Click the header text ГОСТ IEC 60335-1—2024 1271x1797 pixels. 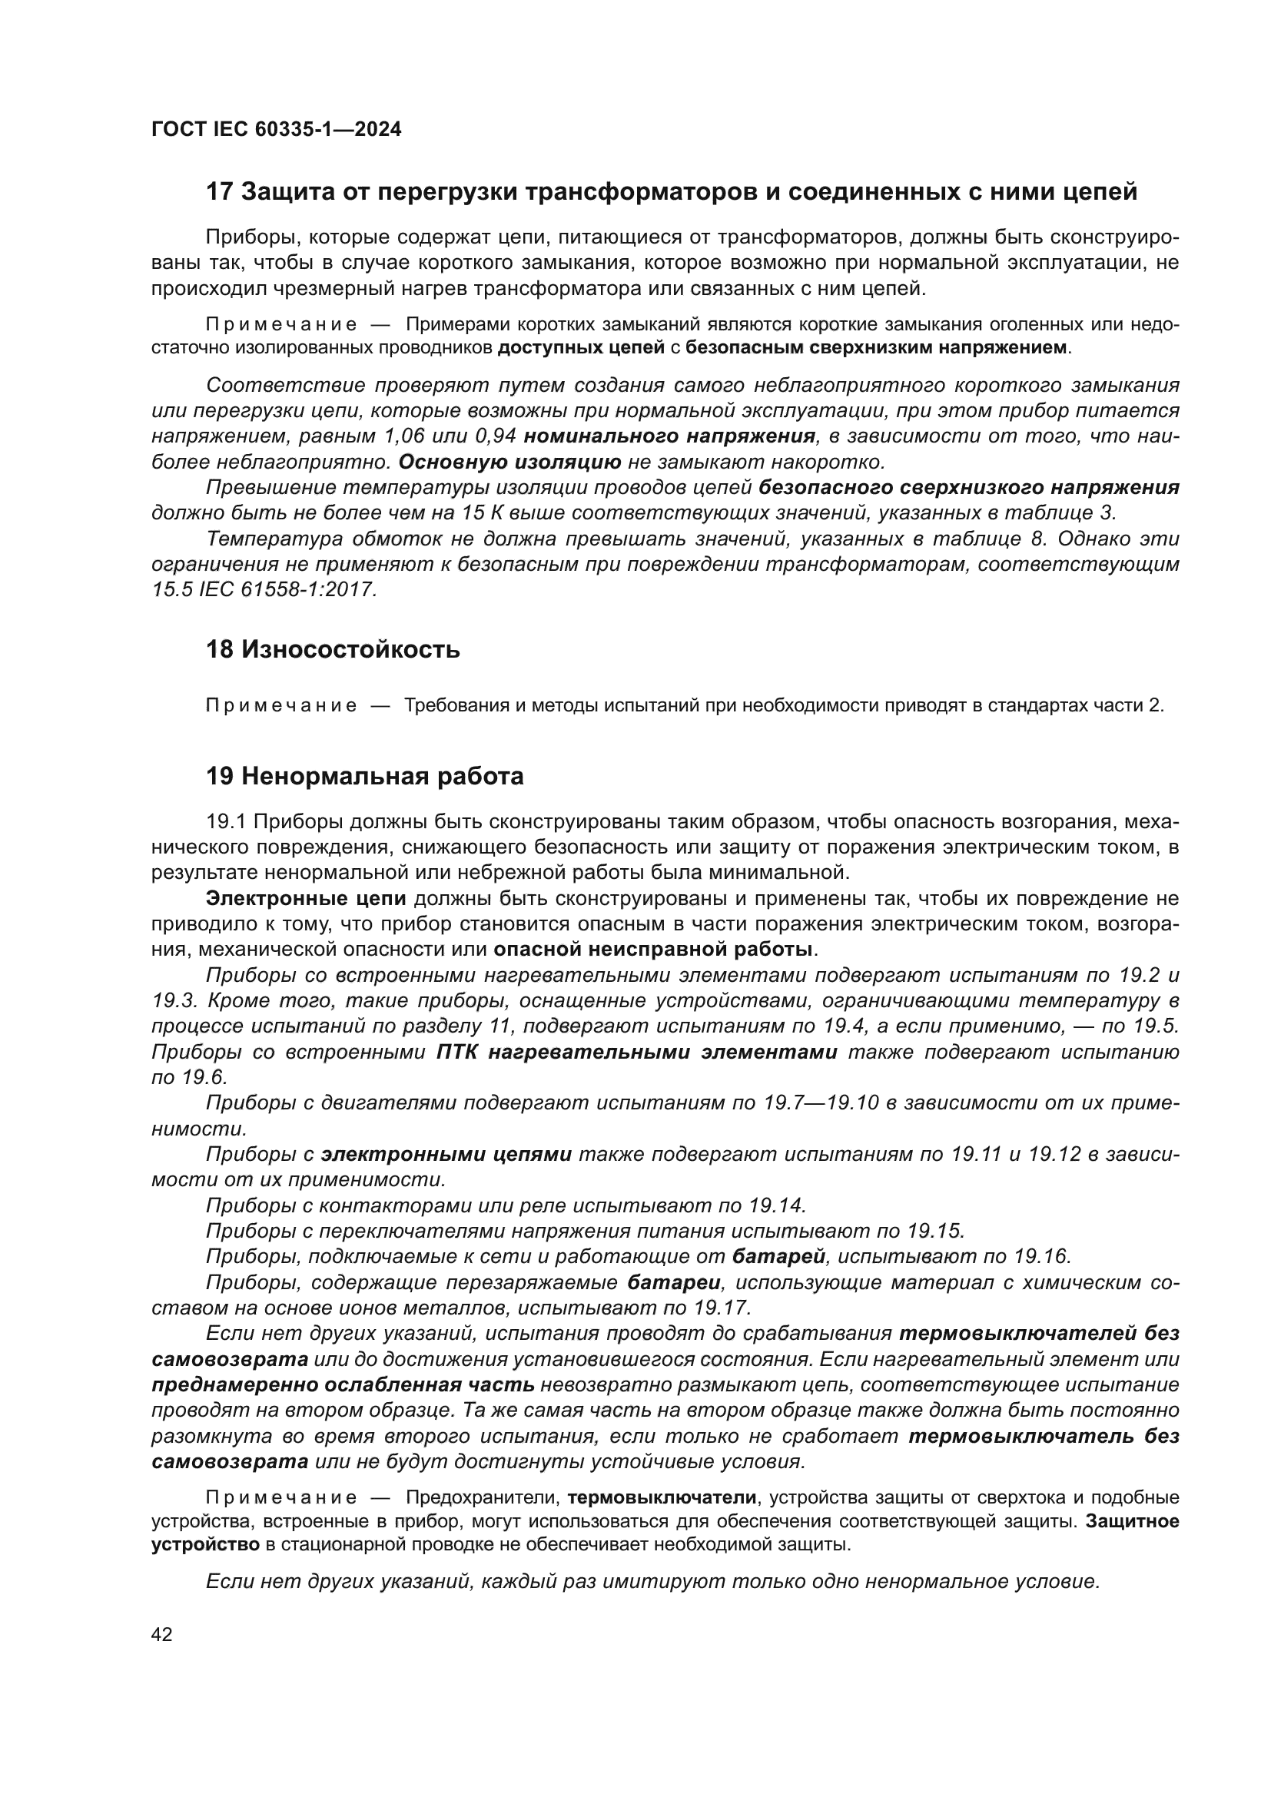[277, 129]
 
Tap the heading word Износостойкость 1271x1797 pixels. [350, 650]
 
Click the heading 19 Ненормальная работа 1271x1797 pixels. [365, 777]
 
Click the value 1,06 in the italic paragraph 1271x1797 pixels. [401, 436]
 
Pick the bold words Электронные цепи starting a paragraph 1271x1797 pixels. [306, 899]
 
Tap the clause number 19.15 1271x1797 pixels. [935, 1231]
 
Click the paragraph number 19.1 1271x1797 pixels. [226, 822]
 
